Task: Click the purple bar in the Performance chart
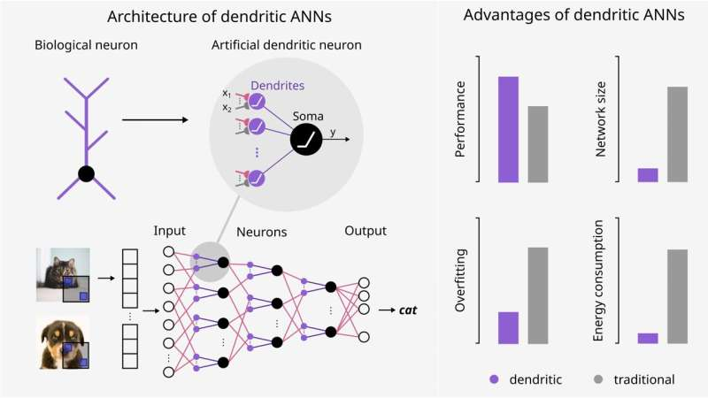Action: click(508, 129)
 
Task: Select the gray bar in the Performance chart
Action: click(537, 144)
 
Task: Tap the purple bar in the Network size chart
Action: click(648, 175)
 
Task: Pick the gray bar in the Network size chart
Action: click(677, 134)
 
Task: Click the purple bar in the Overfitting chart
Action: click(508, 327)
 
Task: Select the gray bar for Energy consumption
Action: click(677, 296)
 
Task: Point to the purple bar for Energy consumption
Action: click(648, 338)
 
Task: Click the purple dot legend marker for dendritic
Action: click(494, 379)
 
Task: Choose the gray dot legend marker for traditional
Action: click(599, 379)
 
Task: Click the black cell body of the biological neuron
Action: click(86, 173)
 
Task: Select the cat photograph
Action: click(63, 274)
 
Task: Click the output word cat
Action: click(408, 310)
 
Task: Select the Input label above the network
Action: click(170, 231)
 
